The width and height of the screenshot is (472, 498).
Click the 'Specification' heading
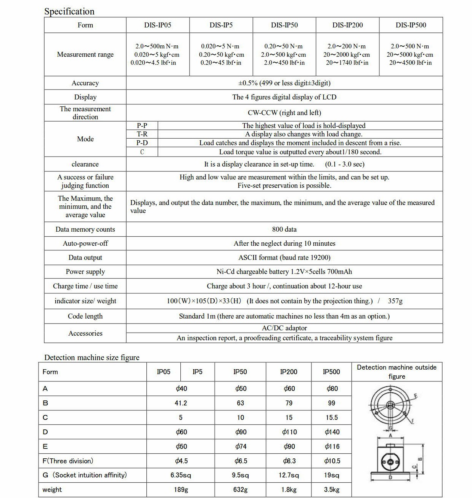point(69,11)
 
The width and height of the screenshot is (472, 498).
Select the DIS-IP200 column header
point(347,25)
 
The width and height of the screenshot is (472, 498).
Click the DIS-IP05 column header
point(157,25)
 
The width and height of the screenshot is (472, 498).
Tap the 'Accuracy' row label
point(85,83)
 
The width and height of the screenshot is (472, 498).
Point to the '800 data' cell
point(284,229)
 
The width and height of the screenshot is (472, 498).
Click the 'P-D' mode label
point(142,143)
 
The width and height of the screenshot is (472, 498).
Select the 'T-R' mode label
point(142,134)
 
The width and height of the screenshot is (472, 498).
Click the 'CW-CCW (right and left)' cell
point(284,113)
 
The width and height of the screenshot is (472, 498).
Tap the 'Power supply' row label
point(85,272)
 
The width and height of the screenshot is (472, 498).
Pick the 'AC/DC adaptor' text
point(284,328)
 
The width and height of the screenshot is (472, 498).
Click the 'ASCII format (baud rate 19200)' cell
point(284,258)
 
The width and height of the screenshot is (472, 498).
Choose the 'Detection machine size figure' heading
point(92,357)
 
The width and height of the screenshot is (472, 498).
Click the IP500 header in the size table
point(331,372)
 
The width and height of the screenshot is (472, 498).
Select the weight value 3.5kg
point(331,490)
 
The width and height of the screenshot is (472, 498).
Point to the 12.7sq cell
point(289,475)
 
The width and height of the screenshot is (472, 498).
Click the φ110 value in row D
point(289,432)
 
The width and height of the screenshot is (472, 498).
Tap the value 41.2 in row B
point(181,403)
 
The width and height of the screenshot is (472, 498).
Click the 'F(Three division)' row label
point(67,461)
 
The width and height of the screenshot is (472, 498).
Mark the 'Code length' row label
point(85,316)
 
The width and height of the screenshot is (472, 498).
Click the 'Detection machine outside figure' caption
point(397,372)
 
